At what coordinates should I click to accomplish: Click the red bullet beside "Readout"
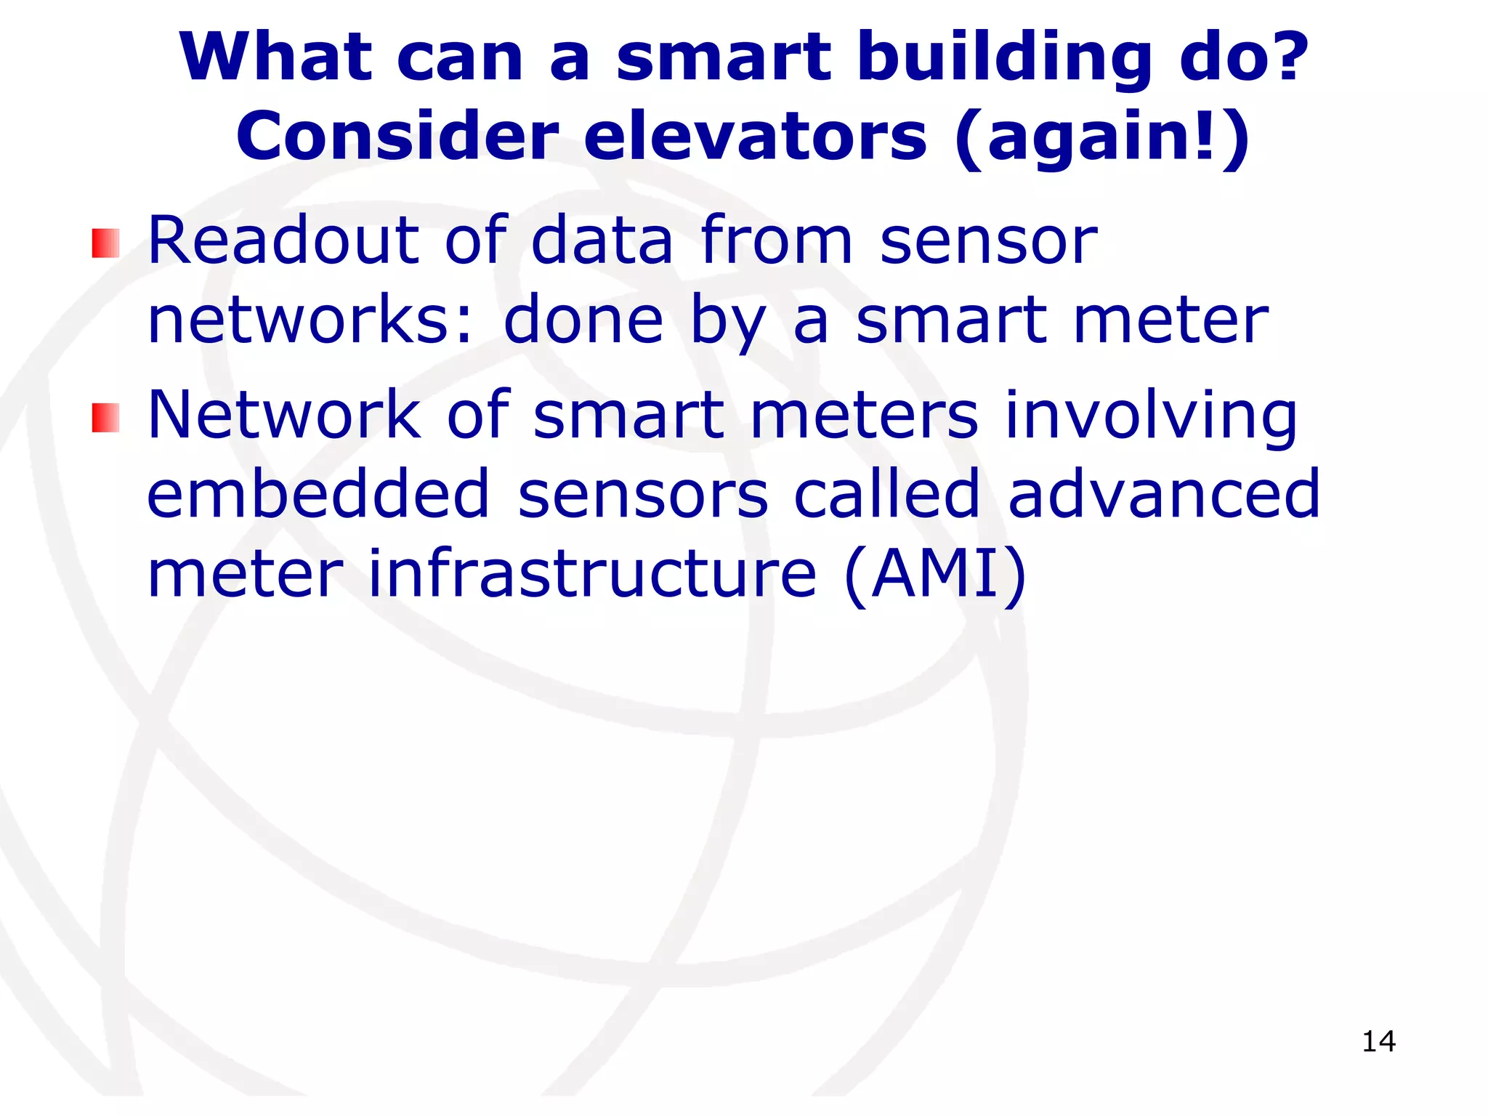tap(105, 243)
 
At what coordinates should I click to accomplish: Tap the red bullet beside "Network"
tap(105, 418)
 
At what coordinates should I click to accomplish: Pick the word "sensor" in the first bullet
tap(988, 241)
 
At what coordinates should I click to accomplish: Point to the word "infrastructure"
tap(592, 574)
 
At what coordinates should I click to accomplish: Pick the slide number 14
tap(1378, 1041)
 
